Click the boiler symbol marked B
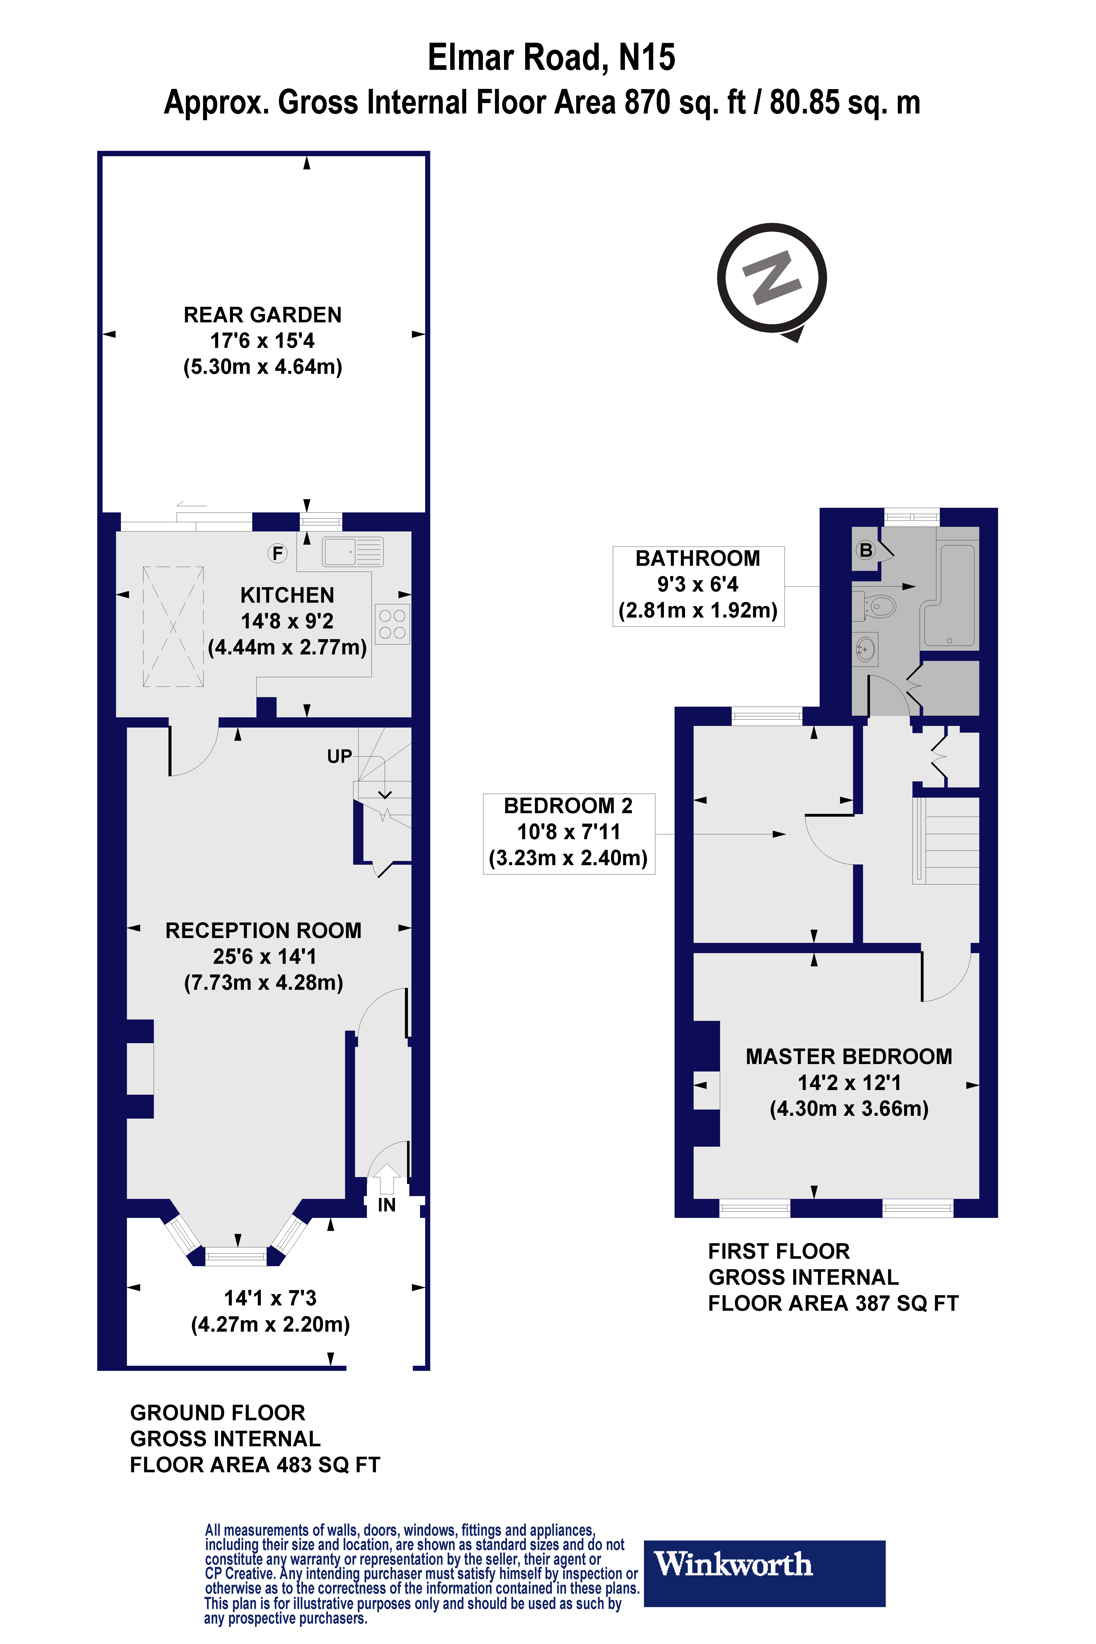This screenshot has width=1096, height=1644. click(866, 550)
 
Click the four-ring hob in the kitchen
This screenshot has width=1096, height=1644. click(392, 624)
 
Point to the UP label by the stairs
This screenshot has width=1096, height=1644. click(340, 756)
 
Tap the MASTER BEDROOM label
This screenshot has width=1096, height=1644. click(849, 1056)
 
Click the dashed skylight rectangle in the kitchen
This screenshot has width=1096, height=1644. click(173, 626)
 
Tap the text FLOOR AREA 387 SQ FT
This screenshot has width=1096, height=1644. click(833, 1304)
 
